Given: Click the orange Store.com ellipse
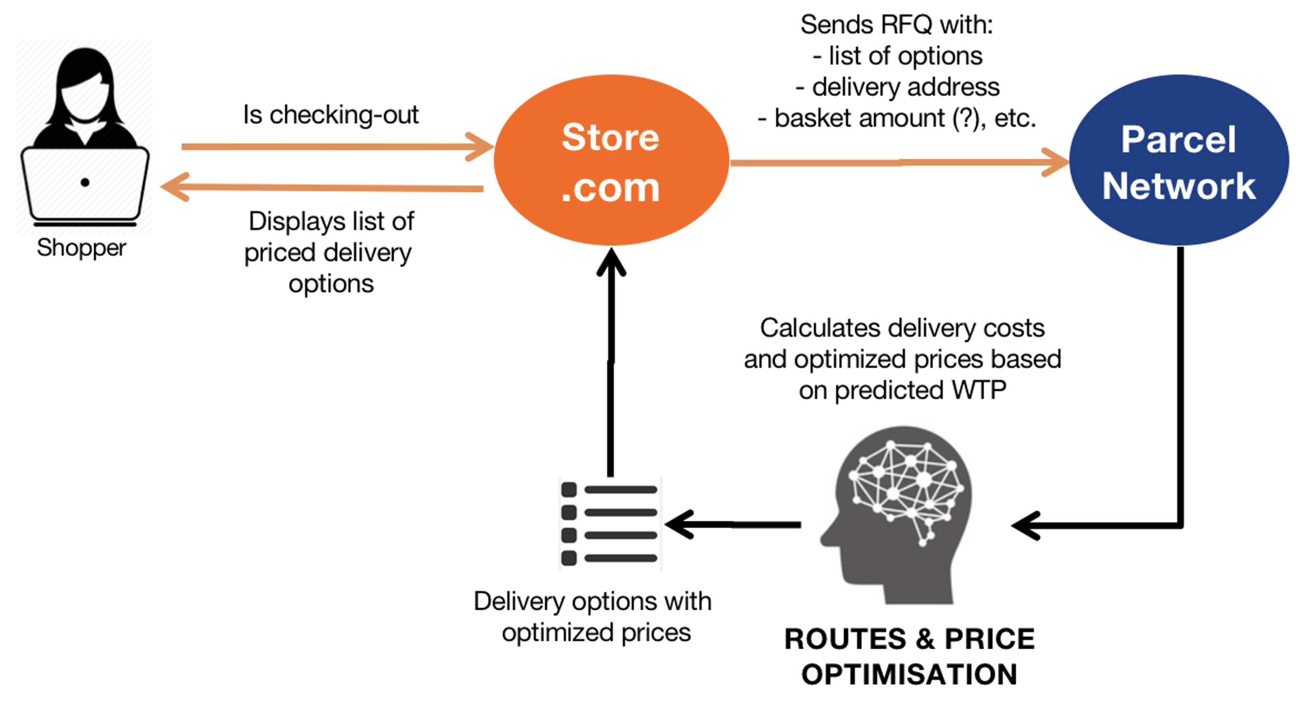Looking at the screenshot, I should point(611,160).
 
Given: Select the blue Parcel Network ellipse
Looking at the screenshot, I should point(1178,160).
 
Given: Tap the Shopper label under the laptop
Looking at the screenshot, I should point(81,248).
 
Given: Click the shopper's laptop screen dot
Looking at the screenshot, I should point(85,182).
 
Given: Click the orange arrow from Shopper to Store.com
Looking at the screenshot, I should point(332,146).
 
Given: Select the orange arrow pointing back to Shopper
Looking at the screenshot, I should point(322,188).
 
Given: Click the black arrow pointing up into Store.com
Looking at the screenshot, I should point(611,363).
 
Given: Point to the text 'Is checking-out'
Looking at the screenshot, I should point(331,115).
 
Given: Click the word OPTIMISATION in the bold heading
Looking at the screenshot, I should point(909,674).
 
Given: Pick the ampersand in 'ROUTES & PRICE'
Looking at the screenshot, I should point(924,639).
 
